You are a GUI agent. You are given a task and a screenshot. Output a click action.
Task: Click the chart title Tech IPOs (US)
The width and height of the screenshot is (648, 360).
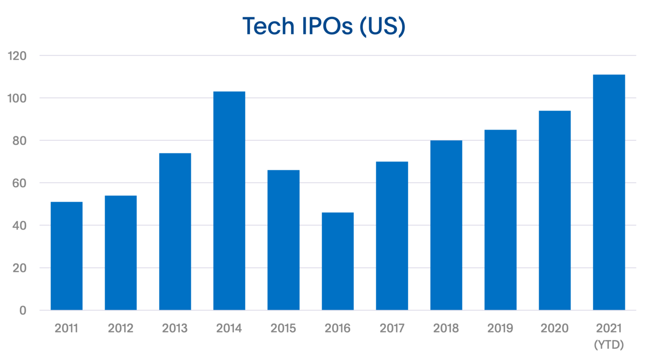(324, 26)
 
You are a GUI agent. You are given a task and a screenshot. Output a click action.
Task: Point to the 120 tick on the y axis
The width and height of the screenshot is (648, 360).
(18, 56)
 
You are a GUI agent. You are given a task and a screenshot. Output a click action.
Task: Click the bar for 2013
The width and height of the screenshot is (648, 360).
(175, 231)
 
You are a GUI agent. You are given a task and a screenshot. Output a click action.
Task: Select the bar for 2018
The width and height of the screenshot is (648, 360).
(446, 225)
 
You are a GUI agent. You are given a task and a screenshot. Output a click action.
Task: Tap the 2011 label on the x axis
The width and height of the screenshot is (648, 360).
(66, 328)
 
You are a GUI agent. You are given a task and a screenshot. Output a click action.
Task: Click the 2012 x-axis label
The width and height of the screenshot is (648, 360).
(121, 328)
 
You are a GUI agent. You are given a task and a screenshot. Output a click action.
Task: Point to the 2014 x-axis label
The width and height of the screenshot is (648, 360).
(229, 328)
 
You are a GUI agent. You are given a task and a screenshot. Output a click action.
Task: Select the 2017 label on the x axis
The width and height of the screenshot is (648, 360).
(392, 328)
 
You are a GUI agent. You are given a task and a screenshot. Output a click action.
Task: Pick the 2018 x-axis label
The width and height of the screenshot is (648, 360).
(446, 328)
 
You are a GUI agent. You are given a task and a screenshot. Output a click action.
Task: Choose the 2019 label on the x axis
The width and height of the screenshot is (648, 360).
(500, 328)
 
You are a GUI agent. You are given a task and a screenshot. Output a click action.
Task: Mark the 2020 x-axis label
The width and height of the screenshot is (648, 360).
(554, 328)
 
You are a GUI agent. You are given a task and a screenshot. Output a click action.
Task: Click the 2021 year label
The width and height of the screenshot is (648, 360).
(609, 328)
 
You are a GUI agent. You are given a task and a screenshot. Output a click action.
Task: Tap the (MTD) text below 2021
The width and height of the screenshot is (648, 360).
(609, 345)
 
